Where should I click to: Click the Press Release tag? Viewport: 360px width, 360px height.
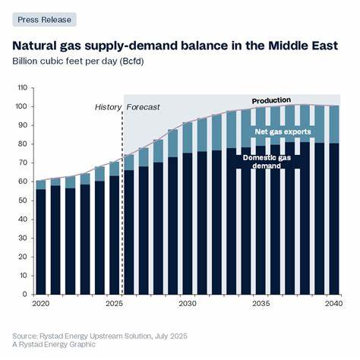coord(44,20)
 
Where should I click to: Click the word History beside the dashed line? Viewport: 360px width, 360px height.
coord(106,108)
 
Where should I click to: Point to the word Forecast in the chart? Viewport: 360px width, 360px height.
coord(143,108)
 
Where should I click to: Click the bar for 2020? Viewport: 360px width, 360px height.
coord(40,243)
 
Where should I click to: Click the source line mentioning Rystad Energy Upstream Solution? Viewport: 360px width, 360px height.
coord(99,336)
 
